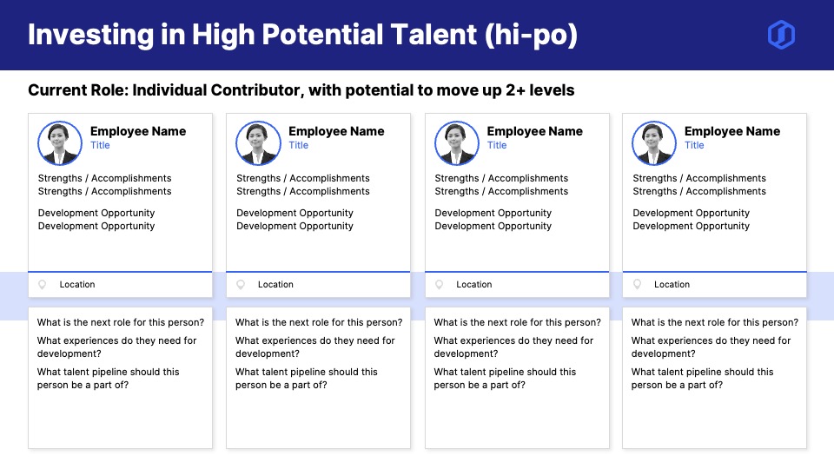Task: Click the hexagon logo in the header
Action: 781,35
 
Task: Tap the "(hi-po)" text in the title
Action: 531,35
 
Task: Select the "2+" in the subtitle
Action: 515,90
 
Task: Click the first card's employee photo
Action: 60,143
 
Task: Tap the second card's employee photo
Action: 259,143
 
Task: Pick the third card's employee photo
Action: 457,143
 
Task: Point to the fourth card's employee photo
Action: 654,143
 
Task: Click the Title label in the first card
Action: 100,145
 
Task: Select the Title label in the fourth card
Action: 694,145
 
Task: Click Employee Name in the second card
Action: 336,131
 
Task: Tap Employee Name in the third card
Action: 534,131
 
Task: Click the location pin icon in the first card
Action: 42,285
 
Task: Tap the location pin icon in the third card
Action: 439,285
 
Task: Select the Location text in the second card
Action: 275,285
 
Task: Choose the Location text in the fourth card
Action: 672,285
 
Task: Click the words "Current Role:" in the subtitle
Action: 78,90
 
